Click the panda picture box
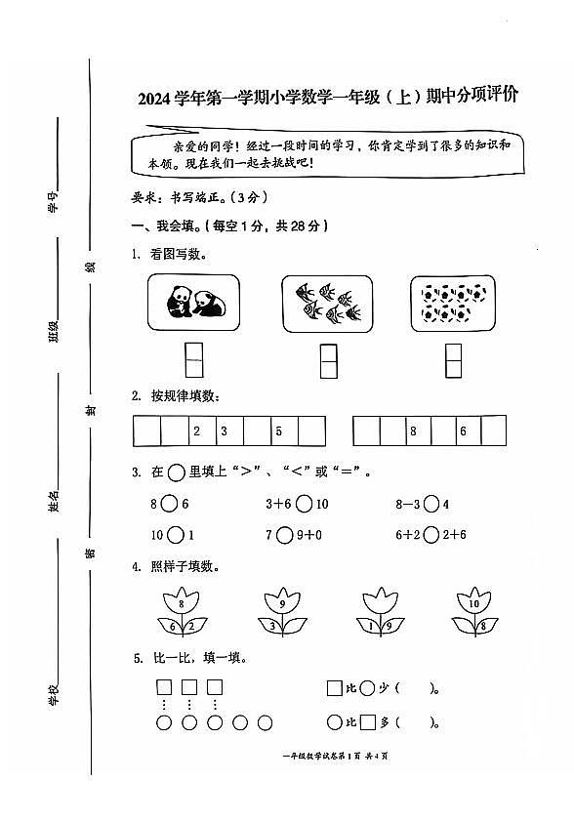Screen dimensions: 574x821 tap(193, 302)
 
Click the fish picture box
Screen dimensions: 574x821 tap(327, 302)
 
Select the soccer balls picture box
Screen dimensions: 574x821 tap(453, 302)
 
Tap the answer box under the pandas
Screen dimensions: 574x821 tap(194, 360)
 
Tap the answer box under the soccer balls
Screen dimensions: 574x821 tap(453, 360)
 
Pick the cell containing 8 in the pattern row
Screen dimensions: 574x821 tap(413, 431)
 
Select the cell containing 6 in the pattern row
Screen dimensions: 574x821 tap(464, 431)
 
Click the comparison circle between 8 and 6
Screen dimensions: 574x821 tap(169, 505)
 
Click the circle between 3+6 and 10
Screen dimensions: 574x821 tap(305, 505)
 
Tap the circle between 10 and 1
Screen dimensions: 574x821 tap(176, 535)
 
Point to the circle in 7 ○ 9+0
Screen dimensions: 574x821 tap(284, 535)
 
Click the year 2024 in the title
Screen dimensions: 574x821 tap(155, 98)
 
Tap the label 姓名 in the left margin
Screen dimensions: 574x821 tap(54, 503)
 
